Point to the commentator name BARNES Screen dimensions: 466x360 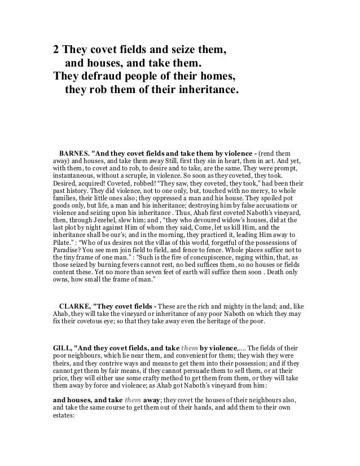point(74,153)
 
